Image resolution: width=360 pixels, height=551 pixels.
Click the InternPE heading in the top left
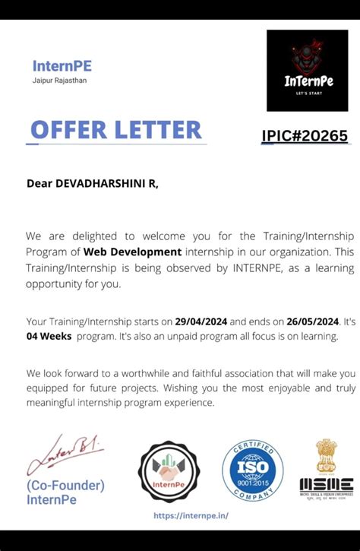(62, 65)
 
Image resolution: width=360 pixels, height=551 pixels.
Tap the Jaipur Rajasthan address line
(59, 80)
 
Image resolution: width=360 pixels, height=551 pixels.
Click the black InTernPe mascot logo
(307, 70)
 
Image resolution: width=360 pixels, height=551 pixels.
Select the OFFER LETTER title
(115, 129)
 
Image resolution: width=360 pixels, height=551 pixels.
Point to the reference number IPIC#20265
(305, 136)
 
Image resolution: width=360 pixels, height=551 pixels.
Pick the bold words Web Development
(132, 252)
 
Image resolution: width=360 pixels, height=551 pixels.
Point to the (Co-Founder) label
(65, 485)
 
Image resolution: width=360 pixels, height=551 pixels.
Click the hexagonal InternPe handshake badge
(169, 471)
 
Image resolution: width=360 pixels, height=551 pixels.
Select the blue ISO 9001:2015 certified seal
(252, 471)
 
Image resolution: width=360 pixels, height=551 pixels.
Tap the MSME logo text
(326, 483)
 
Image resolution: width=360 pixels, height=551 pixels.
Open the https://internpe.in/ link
(190, 515)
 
